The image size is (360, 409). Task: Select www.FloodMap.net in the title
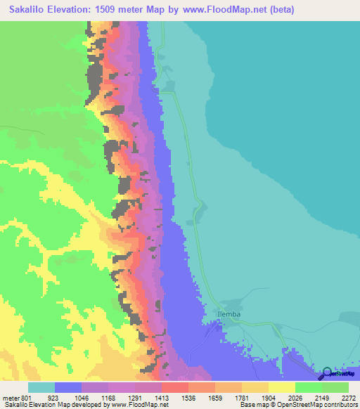point(222,10)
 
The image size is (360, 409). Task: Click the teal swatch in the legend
point(41,387)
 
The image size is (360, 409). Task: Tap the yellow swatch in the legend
point(281,387)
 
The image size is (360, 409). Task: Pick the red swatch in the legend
point(174,387)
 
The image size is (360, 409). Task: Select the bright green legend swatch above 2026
point(308,387)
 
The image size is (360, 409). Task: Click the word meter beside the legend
point(10,397)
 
